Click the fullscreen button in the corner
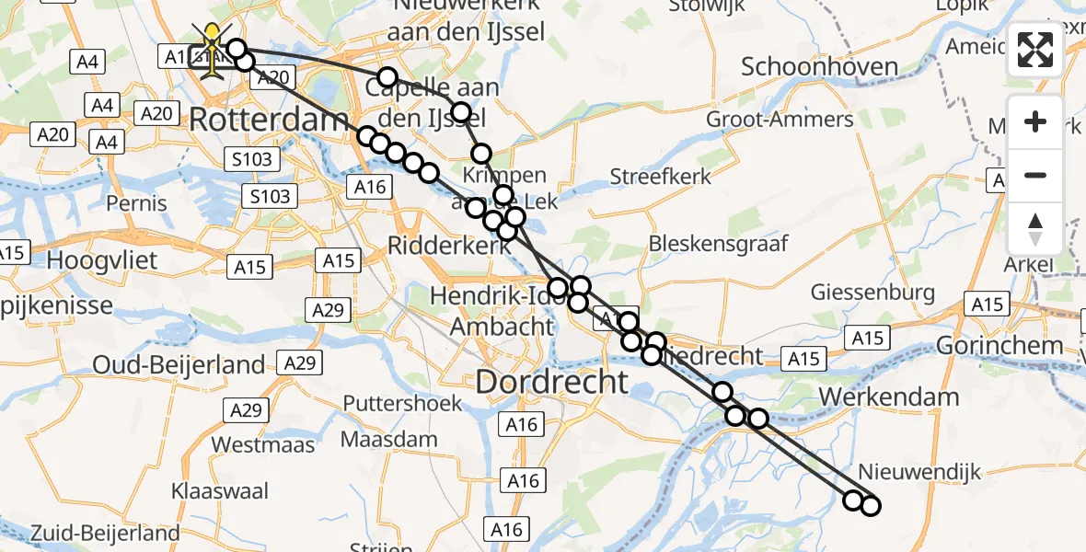tap(1035, 50)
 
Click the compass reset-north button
tap(1035, 228)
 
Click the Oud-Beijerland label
tap(179, 365)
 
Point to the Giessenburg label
tap(872, 293)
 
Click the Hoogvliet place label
tap(101, 260)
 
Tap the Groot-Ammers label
tap(767, 120)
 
